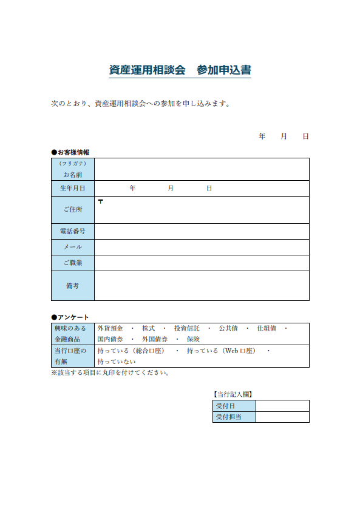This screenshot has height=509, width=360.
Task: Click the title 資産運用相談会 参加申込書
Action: pos(180,70)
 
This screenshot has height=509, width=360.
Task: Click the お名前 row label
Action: pos(73,174)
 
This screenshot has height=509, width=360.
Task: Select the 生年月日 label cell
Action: pos(73,189)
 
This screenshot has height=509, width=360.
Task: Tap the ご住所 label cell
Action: pos(73,210)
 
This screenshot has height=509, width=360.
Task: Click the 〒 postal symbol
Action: pos(100,201)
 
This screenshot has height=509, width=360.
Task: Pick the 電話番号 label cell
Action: pos(73,231)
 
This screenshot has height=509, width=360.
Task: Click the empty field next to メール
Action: pos(202,247)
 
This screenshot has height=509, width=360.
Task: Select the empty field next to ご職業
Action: pos(202,263)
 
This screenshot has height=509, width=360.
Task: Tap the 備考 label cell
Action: pos(73,285)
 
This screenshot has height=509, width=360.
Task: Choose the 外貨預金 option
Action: pos(110,328)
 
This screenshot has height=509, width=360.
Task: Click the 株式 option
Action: pos(148,328)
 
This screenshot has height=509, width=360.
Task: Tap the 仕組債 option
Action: pos(267,328)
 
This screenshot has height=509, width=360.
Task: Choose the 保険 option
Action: pos(193,339)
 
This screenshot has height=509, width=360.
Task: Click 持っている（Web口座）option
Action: pos(221,351)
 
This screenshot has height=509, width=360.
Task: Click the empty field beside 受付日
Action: pos(282,406)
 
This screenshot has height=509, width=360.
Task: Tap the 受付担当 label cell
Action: pos(234,417)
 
